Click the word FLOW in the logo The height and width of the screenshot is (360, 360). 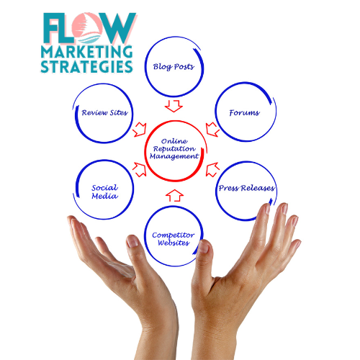tap(89, 28)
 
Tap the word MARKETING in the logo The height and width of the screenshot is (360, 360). tap(86, 52)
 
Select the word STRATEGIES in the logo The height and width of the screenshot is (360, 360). tap(86, 66)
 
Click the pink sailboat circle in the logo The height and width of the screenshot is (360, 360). tap(87, 28)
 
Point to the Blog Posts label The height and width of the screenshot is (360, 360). tap(174, 67)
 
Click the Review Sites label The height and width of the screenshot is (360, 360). tap(104, 112)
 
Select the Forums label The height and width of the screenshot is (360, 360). tap(244, 112)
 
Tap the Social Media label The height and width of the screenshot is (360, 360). tap(104, 192)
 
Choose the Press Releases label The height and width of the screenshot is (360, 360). tap(246, 188)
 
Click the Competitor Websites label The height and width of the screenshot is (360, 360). tap(174, 239)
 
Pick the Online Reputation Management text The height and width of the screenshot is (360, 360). tap(174, 149)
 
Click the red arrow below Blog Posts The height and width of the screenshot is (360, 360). tap(174, 106)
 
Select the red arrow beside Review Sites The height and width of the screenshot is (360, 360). tap(140, 130)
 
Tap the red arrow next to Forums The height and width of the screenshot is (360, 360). tap(212, 130)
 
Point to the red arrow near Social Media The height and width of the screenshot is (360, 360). tap(140, 170)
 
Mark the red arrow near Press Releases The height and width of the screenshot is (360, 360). tap(212, 170)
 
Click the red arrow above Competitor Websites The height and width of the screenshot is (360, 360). tap(174, 195)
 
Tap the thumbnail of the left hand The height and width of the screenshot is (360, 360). tap(132, 241)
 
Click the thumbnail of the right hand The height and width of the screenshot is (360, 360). tap(204, 246)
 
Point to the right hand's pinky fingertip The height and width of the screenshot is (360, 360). tap(297, 243)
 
